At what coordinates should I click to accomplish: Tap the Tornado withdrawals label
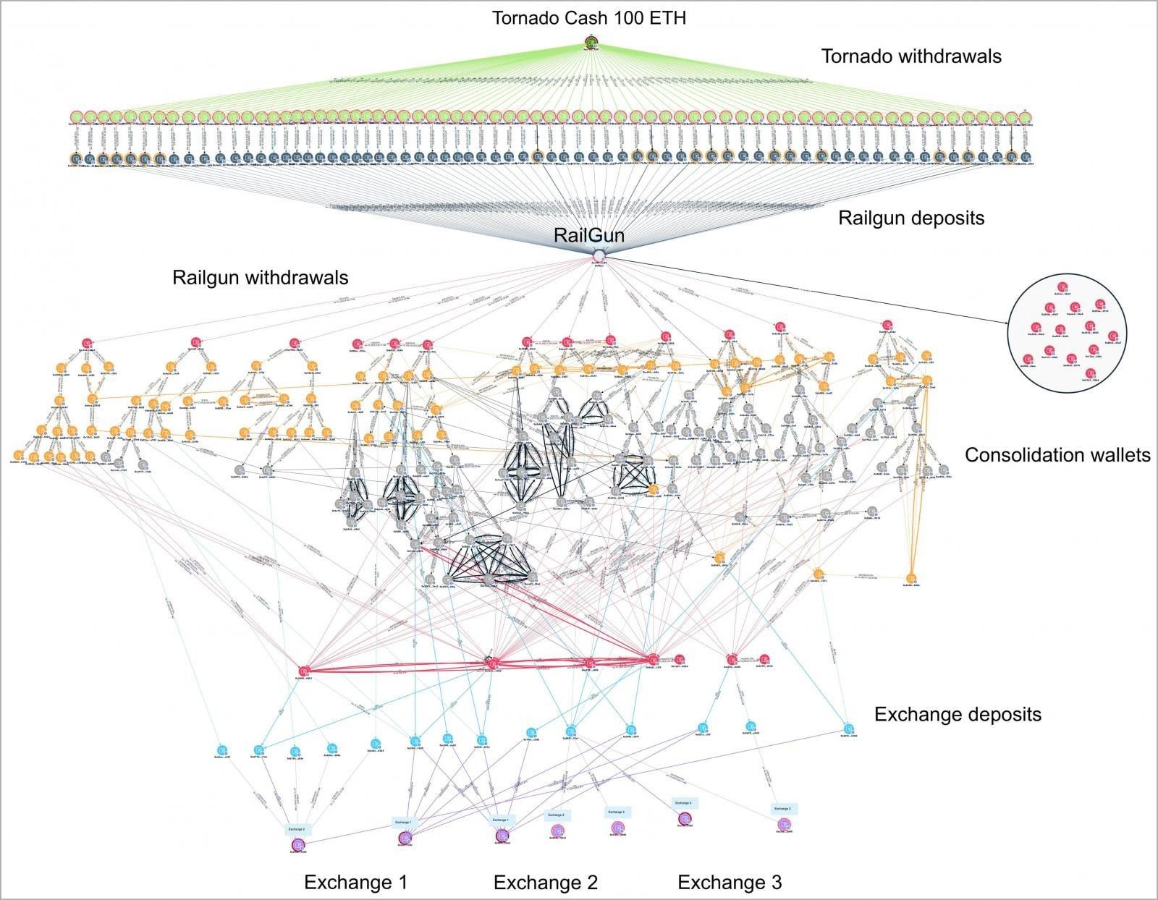point(911,56)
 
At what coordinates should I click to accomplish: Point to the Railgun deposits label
point(911,218)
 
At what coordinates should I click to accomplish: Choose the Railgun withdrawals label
point(260,278)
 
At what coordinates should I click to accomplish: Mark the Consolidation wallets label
point(1057,455)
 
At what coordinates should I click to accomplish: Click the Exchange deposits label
point(958,715)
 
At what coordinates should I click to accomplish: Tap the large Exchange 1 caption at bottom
point(355,883)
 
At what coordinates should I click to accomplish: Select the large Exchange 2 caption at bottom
point(545,883)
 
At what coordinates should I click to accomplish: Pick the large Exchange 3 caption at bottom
point(730,883)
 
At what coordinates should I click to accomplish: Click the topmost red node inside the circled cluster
point(1062,286)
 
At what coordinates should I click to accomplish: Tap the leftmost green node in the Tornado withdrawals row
point(76,117)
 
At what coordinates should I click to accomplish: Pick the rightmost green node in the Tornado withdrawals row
point(1025,117)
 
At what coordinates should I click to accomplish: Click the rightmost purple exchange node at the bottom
point(784,824)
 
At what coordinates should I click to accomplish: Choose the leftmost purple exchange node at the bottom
point(297,844)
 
